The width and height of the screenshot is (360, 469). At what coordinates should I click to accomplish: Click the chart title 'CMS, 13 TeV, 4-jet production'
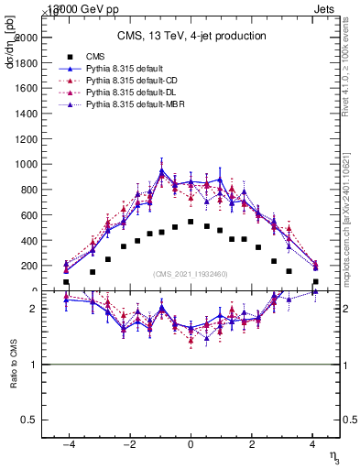[191, 36]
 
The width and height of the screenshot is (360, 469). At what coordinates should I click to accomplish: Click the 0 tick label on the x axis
[190, 443]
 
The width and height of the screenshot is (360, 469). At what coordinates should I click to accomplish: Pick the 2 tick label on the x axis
[251, 443]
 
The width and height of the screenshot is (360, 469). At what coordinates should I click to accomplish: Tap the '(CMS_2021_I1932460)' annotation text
[190, 274]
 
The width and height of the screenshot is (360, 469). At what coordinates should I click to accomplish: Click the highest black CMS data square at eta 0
[190, 222]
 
